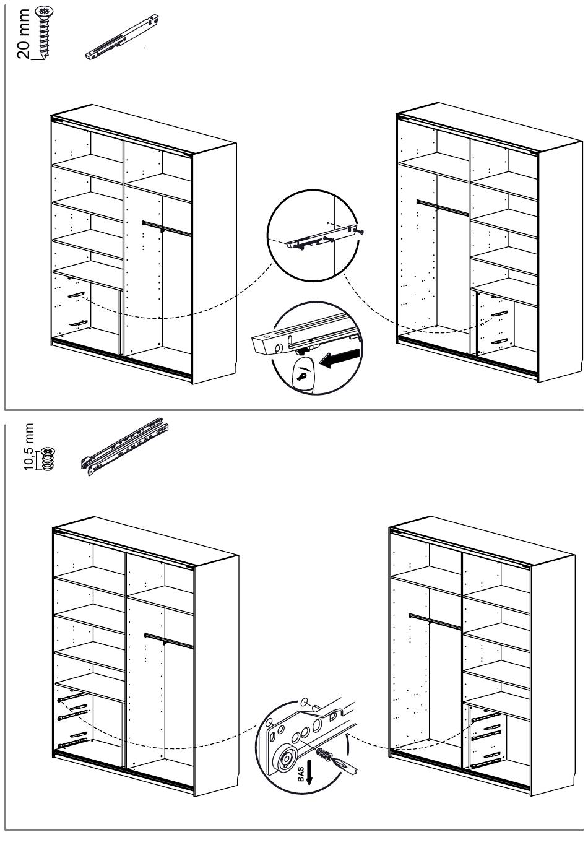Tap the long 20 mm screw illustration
point(43,34)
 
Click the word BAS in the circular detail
point(302,773)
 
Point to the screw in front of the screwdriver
point(322,756)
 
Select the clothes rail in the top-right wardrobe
point(442,207)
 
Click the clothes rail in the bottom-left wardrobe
point(169,640)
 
